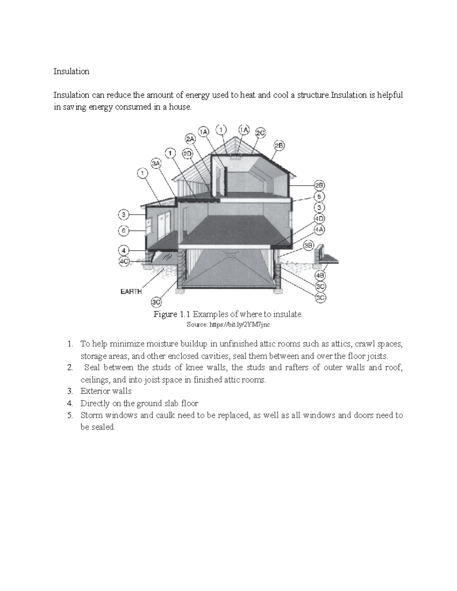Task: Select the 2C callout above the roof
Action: [260, 133]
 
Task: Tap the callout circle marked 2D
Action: [187, 154]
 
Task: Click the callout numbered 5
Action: [319, 196]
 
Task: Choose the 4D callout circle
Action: [319, 219]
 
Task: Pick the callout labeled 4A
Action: [319, 229]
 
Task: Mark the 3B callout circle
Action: [308, 246]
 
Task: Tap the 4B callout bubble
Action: [320, 275]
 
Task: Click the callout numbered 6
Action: [123, 230]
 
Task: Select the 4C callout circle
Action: [123, 261]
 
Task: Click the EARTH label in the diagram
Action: [131, 292]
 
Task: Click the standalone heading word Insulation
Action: [71, 72]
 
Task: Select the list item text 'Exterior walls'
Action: [106, 391]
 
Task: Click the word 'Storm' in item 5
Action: [91, 415]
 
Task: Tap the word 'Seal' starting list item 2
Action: [92, 368]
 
